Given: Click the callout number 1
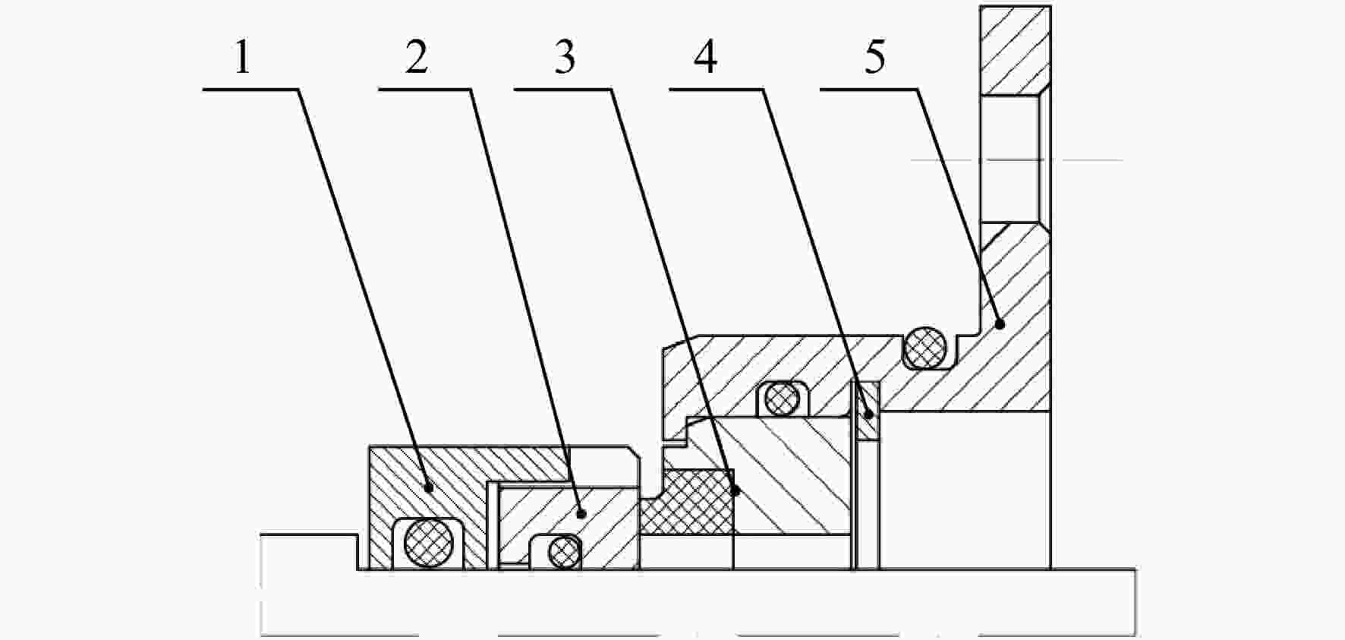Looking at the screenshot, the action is click(242, 58).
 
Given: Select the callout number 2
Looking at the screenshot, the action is click(416, 58).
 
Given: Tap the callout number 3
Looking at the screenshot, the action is click(565, 58).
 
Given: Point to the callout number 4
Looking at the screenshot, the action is click(706, 58).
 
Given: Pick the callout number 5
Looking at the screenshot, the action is click(875, 58).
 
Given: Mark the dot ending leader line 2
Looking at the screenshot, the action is click(581, 513).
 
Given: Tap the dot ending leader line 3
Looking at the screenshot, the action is click(734, 491).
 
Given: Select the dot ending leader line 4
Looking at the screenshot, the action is click(868, 414).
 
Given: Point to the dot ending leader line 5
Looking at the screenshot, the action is click(1000, 324).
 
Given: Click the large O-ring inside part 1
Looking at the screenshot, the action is click(429, 543).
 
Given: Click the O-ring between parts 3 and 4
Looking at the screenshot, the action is click(782, 398).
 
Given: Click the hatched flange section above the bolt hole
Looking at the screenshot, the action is click(1016, 50).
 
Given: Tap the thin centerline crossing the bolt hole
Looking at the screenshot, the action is click(1016, 160).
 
